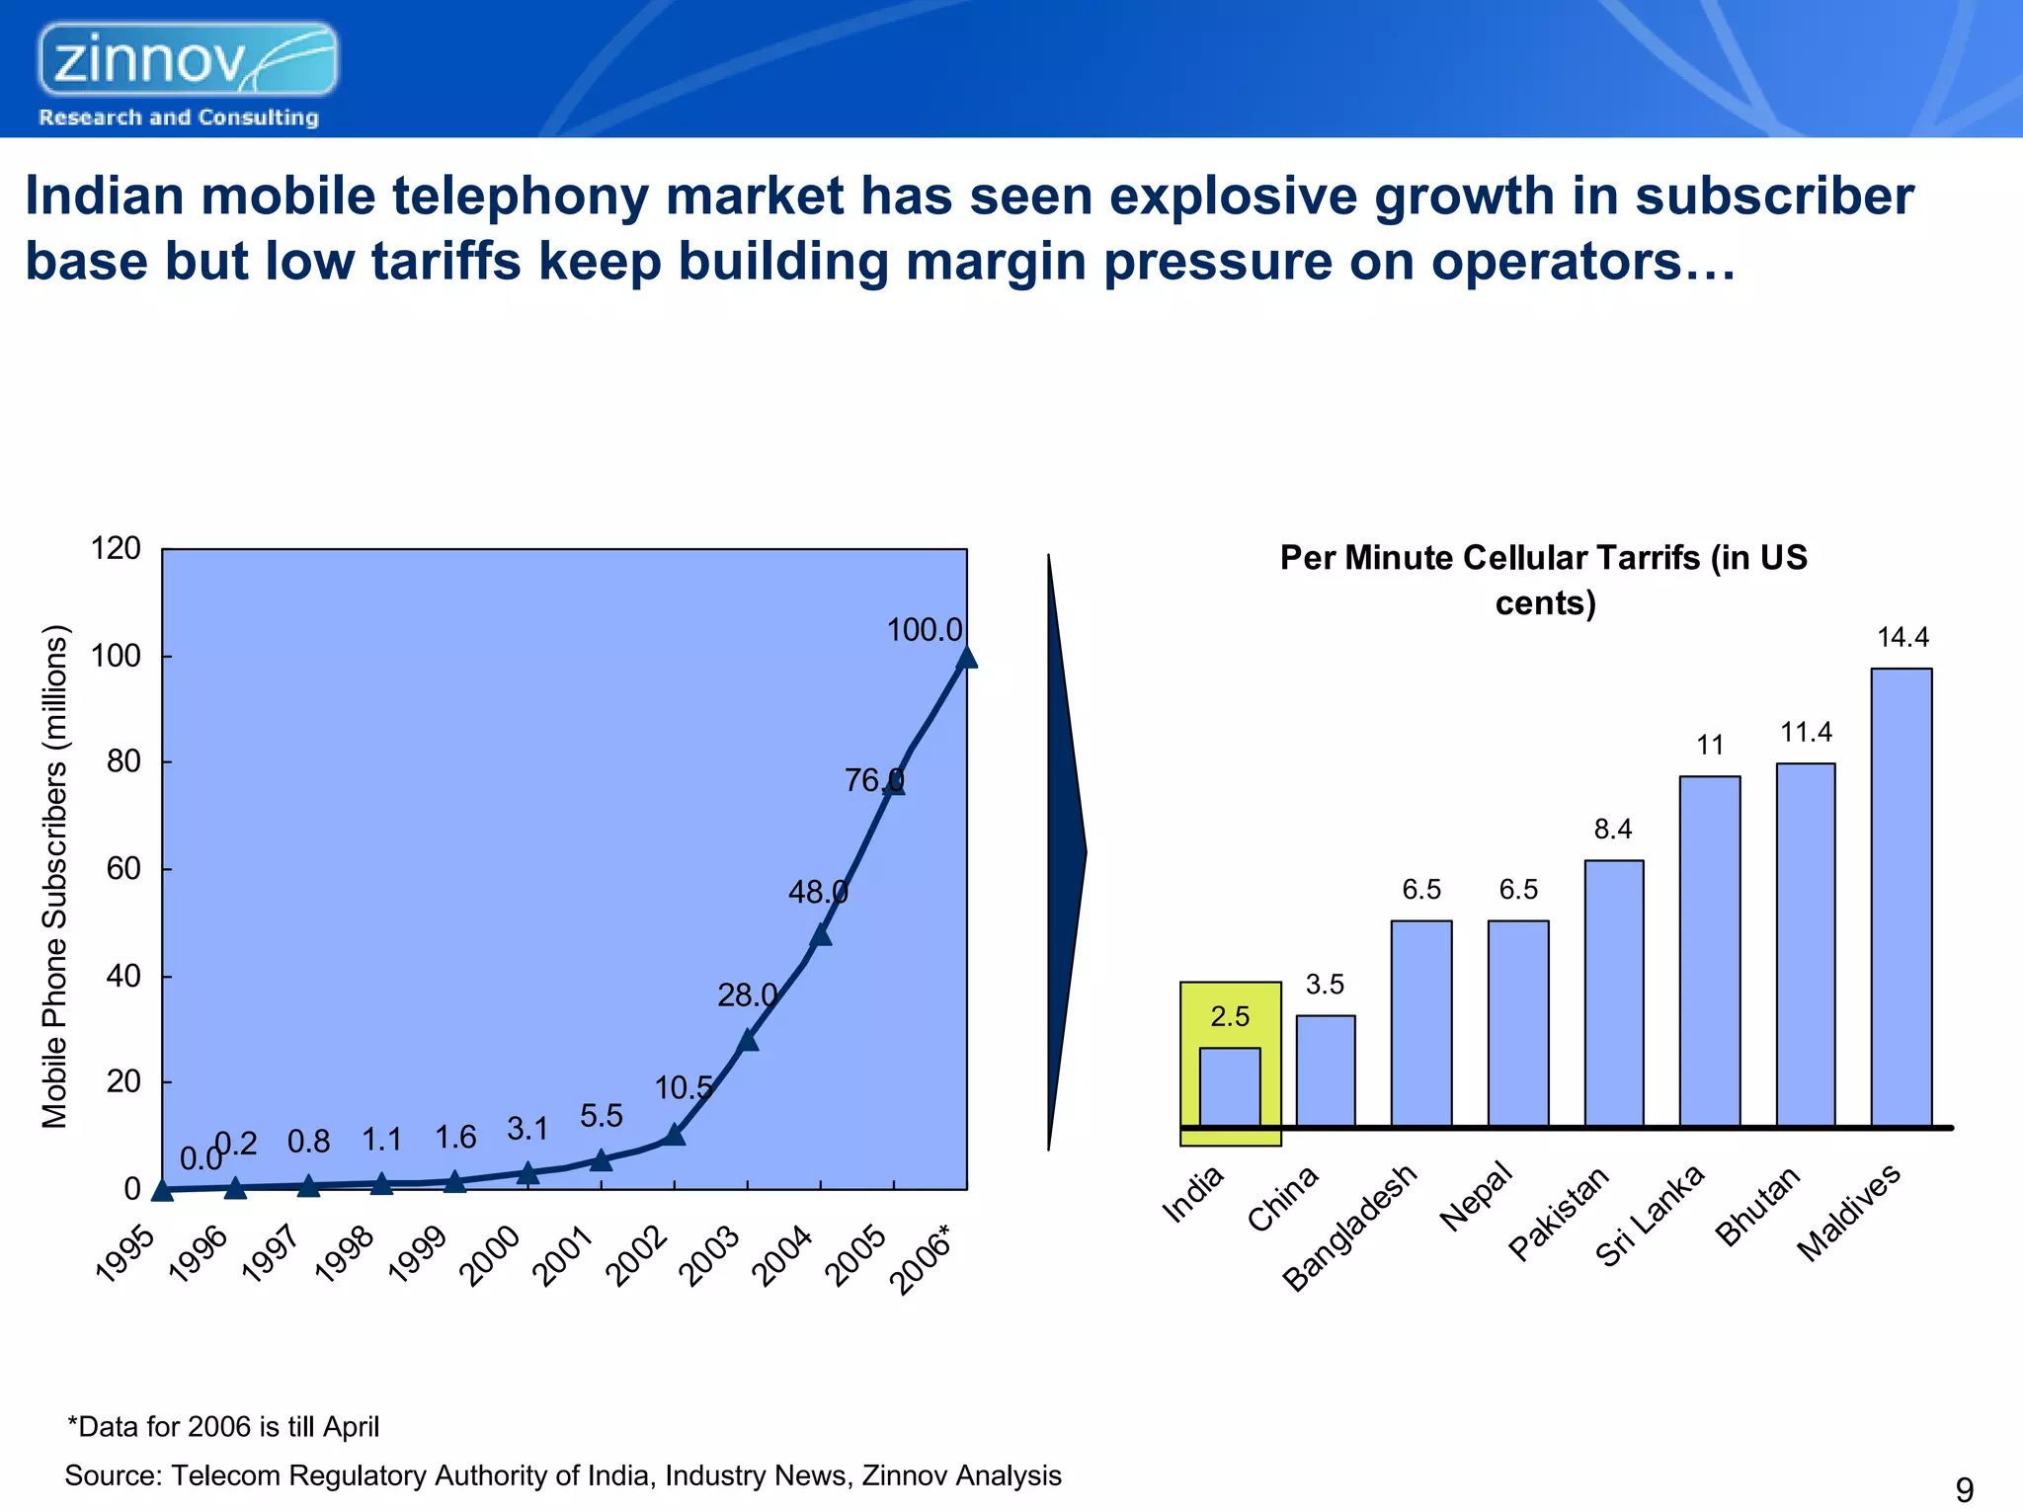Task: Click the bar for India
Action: pos(1229,1086)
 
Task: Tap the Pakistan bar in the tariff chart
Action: pos(1613,993)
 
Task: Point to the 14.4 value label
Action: pos(1902,638)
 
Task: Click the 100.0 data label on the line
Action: pos(924,630)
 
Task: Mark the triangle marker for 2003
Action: pos(748,1039)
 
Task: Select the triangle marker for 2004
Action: pos(821,934)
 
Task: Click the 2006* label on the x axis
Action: pos(922,1258)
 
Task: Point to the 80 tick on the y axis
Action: pos(123,761)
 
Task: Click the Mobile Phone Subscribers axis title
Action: pos(54,877)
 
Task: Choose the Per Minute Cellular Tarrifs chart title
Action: pos(1544,580)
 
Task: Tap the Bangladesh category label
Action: pos(1349,1229)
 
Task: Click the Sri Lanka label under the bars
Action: pos(1650,1216)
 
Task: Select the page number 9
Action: pos(1964,1488)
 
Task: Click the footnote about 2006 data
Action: pos(223,1427)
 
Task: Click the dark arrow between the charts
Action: pos(1066,851)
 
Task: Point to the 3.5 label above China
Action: pos(1325,985)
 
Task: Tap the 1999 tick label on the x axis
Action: pos(418,1253)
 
